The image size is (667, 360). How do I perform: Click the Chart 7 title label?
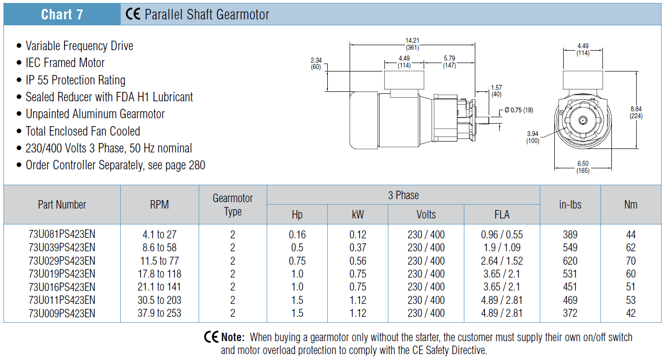pyautogui.click(x=62, y=14)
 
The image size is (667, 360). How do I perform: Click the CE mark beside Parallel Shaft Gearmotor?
pyautogui.click(x=133, y=14)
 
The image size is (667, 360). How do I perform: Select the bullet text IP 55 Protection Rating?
pyautogui.click(x=75, y=80)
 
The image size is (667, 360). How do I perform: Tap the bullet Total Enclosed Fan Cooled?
pyautogui.click(x=83, y=131)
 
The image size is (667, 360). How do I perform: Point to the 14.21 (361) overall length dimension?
pyautogui.click(x=412, y=44)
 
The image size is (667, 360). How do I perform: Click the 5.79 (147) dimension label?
pyautogui.click(x=449, y=62)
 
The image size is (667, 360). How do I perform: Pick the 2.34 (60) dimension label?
pyautogui.click(x=316, y=64)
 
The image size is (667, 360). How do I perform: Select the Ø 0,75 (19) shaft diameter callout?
pyautogui.click(x=519, y=110)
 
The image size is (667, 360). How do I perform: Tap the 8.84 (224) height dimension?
pyautogui.click(x=636, y=113)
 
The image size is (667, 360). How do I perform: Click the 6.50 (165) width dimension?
pyautogui.click(x=583, y=167)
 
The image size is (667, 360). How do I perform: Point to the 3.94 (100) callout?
pyautogui.click(x=533, y=137)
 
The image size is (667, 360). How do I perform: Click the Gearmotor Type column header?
pyautogui.click(x=232, y=205)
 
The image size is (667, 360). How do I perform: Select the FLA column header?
pyautogui.click(x=502, y=215)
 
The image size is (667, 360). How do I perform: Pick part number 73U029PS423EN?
pyautogui.click(x=62, y=261)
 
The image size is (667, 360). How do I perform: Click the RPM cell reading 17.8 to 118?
pyautogui.click(x=159, y=274)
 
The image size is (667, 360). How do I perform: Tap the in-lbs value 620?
pyautogui.click(x=570, y=261)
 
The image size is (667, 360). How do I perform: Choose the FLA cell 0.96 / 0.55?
pyautogui.click(x=502, y=235)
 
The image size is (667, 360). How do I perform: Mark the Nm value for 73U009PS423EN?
pyautogui.click(x=631, y=313)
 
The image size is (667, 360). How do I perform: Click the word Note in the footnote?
pyautogui.click(x=232, y=337)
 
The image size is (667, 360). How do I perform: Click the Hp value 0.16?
pyautogui.click(x=297, y=235)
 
